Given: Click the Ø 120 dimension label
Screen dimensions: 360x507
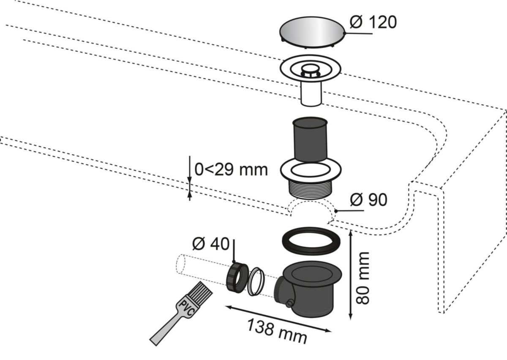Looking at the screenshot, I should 373,22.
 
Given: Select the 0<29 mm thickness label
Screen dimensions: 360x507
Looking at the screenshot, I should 231,169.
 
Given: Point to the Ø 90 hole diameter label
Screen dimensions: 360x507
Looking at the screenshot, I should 368,200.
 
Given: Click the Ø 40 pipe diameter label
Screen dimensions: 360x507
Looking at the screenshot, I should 210,244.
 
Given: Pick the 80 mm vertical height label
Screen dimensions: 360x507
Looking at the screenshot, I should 363,278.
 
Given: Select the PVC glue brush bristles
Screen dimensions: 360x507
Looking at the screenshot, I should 199,292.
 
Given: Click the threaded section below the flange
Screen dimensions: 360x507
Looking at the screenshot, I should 310,188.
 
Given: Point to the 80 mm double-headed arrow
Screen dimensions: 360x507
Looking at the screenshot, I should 350,275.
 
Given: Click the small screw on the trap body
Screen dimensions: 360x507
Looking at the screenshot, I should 289,303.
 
